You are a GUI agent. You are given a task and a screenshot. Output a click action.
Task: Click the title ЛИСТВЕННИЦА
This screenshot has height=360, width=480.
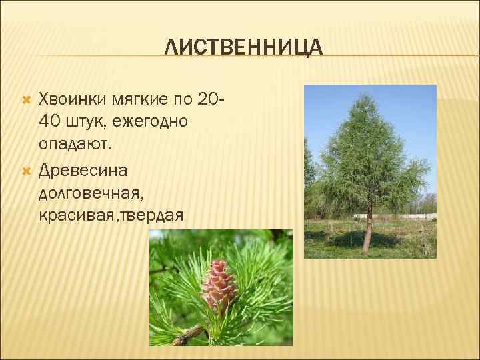243,47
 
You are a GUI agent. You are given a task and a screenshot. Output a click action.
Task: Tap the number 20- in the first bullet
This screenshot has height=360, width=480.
211,99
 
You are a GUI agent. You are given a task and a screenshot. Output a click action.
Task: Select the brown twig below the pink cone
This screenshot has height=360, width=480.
190,336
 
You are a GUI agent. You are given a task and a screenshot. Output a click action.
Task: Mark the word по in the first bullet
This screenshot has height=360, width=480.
183,99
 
